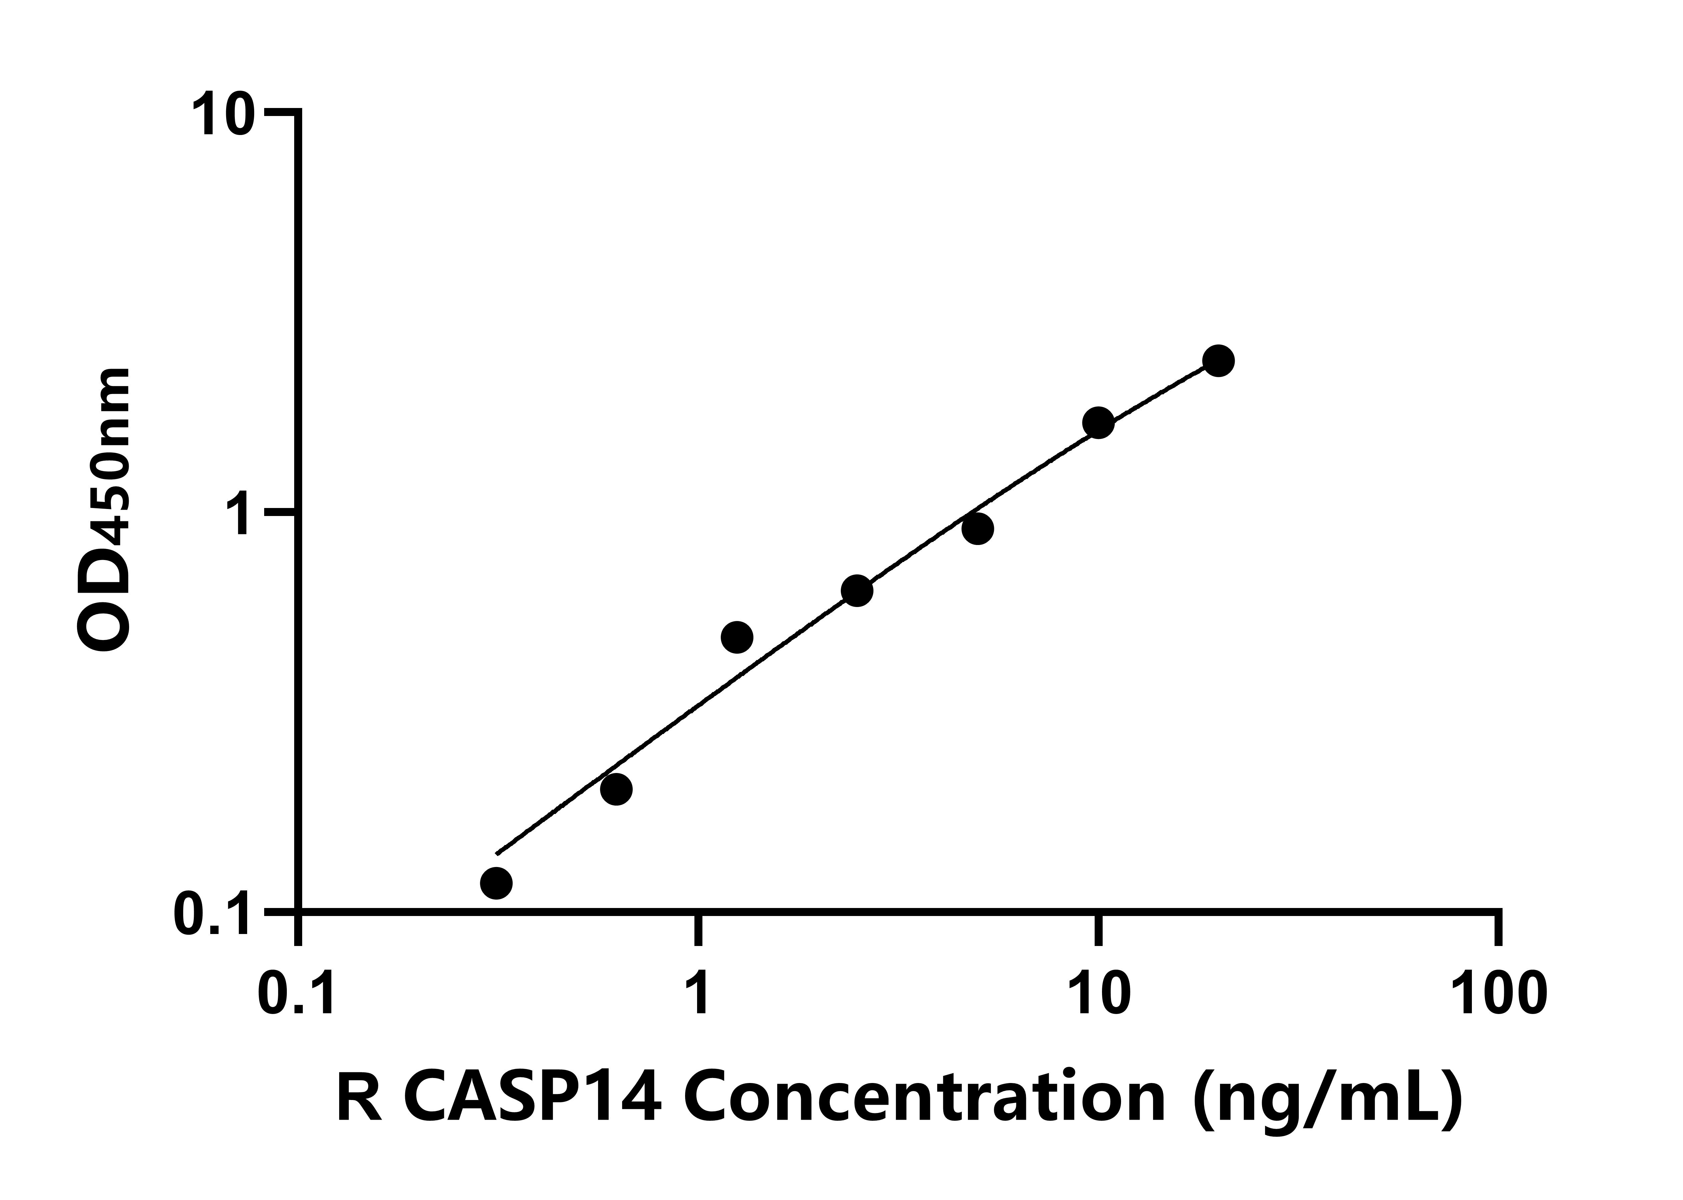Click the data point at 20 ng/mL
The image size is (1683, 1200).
tap(1218, 361)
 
